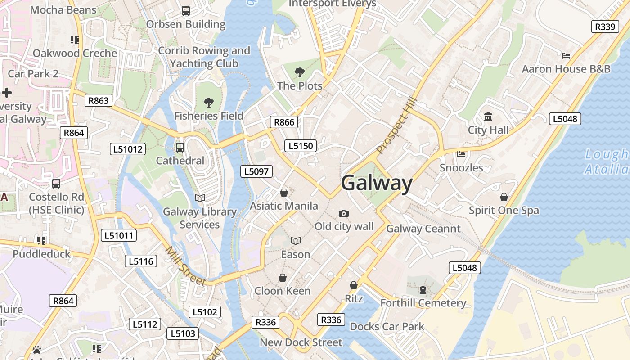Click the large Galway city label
(x=377, y=184)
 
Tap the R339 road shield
(x=604, y=27)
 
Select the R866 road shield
(x=284, y=122)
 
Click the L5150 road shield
(x=300, y=146)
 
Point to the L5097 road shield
(x=256, y=171)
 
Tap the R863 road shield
(x=98, y=100)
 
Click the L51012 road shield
(x=128, y=149)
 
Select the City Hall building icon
(x=488, y=117)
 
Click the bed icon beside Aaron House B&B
(x=566, y=56)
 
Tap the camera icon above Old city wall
(x=344, y=213)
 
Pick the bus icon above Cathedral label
(x=180, y=147)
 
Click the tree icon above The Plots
(x=299, y=72)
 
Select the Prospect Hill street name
(x=397, y=126)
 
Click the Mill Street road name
(x=185, y=266)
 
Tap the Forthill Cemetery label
(x=423, y=303)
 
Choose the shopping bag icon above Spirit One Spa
(x=504, y=197)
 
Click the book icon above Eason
(x=295, y=241)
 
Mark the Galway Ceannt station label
(x=423, y=229)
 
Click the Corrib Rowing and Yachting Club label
(x=204, y=57)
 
